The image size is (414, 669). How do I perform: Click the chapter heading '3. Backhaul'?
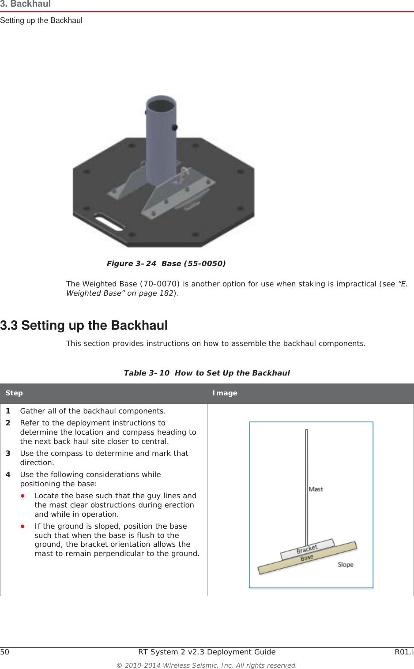pos(26,4)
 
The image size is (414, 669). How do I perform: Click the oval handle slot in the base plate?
pos(109,223)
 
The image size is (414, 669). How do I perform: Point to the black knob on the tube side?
pos(175,128)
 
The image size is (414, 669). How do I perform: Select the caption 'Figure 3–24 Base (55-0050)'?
pos(166,263)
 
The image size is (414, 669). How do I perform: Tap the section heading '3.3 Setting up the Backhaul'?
pos(84,325)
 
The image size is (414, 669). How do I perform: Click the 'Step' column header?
pos(14,393)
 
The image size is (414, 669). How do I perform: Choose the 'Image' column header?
pos(225,393)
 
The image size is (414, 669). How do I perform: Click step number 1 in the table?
pos(8,411)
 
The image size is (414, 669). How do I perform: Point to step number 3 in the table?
pos(8,453)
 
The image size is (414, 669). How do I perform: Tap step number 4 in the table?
pos(8,474)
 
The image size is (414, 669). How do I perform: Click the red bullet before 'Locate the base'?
pos(23,496)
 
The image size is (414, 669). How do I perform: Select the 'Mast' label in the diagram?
pos(316,489)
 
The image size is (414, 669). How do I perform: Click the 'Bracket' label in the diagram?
pos(307,549)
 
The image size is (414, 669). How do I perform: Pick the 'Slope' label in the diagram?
pos(346,564)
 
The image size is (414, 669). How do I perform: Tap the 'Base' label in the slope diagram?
pos(307,558)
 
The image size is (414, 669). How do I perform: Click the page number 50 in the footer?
pos(4,652)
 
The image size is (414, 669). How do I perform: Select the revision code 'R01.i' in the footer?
pos(404,652)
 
